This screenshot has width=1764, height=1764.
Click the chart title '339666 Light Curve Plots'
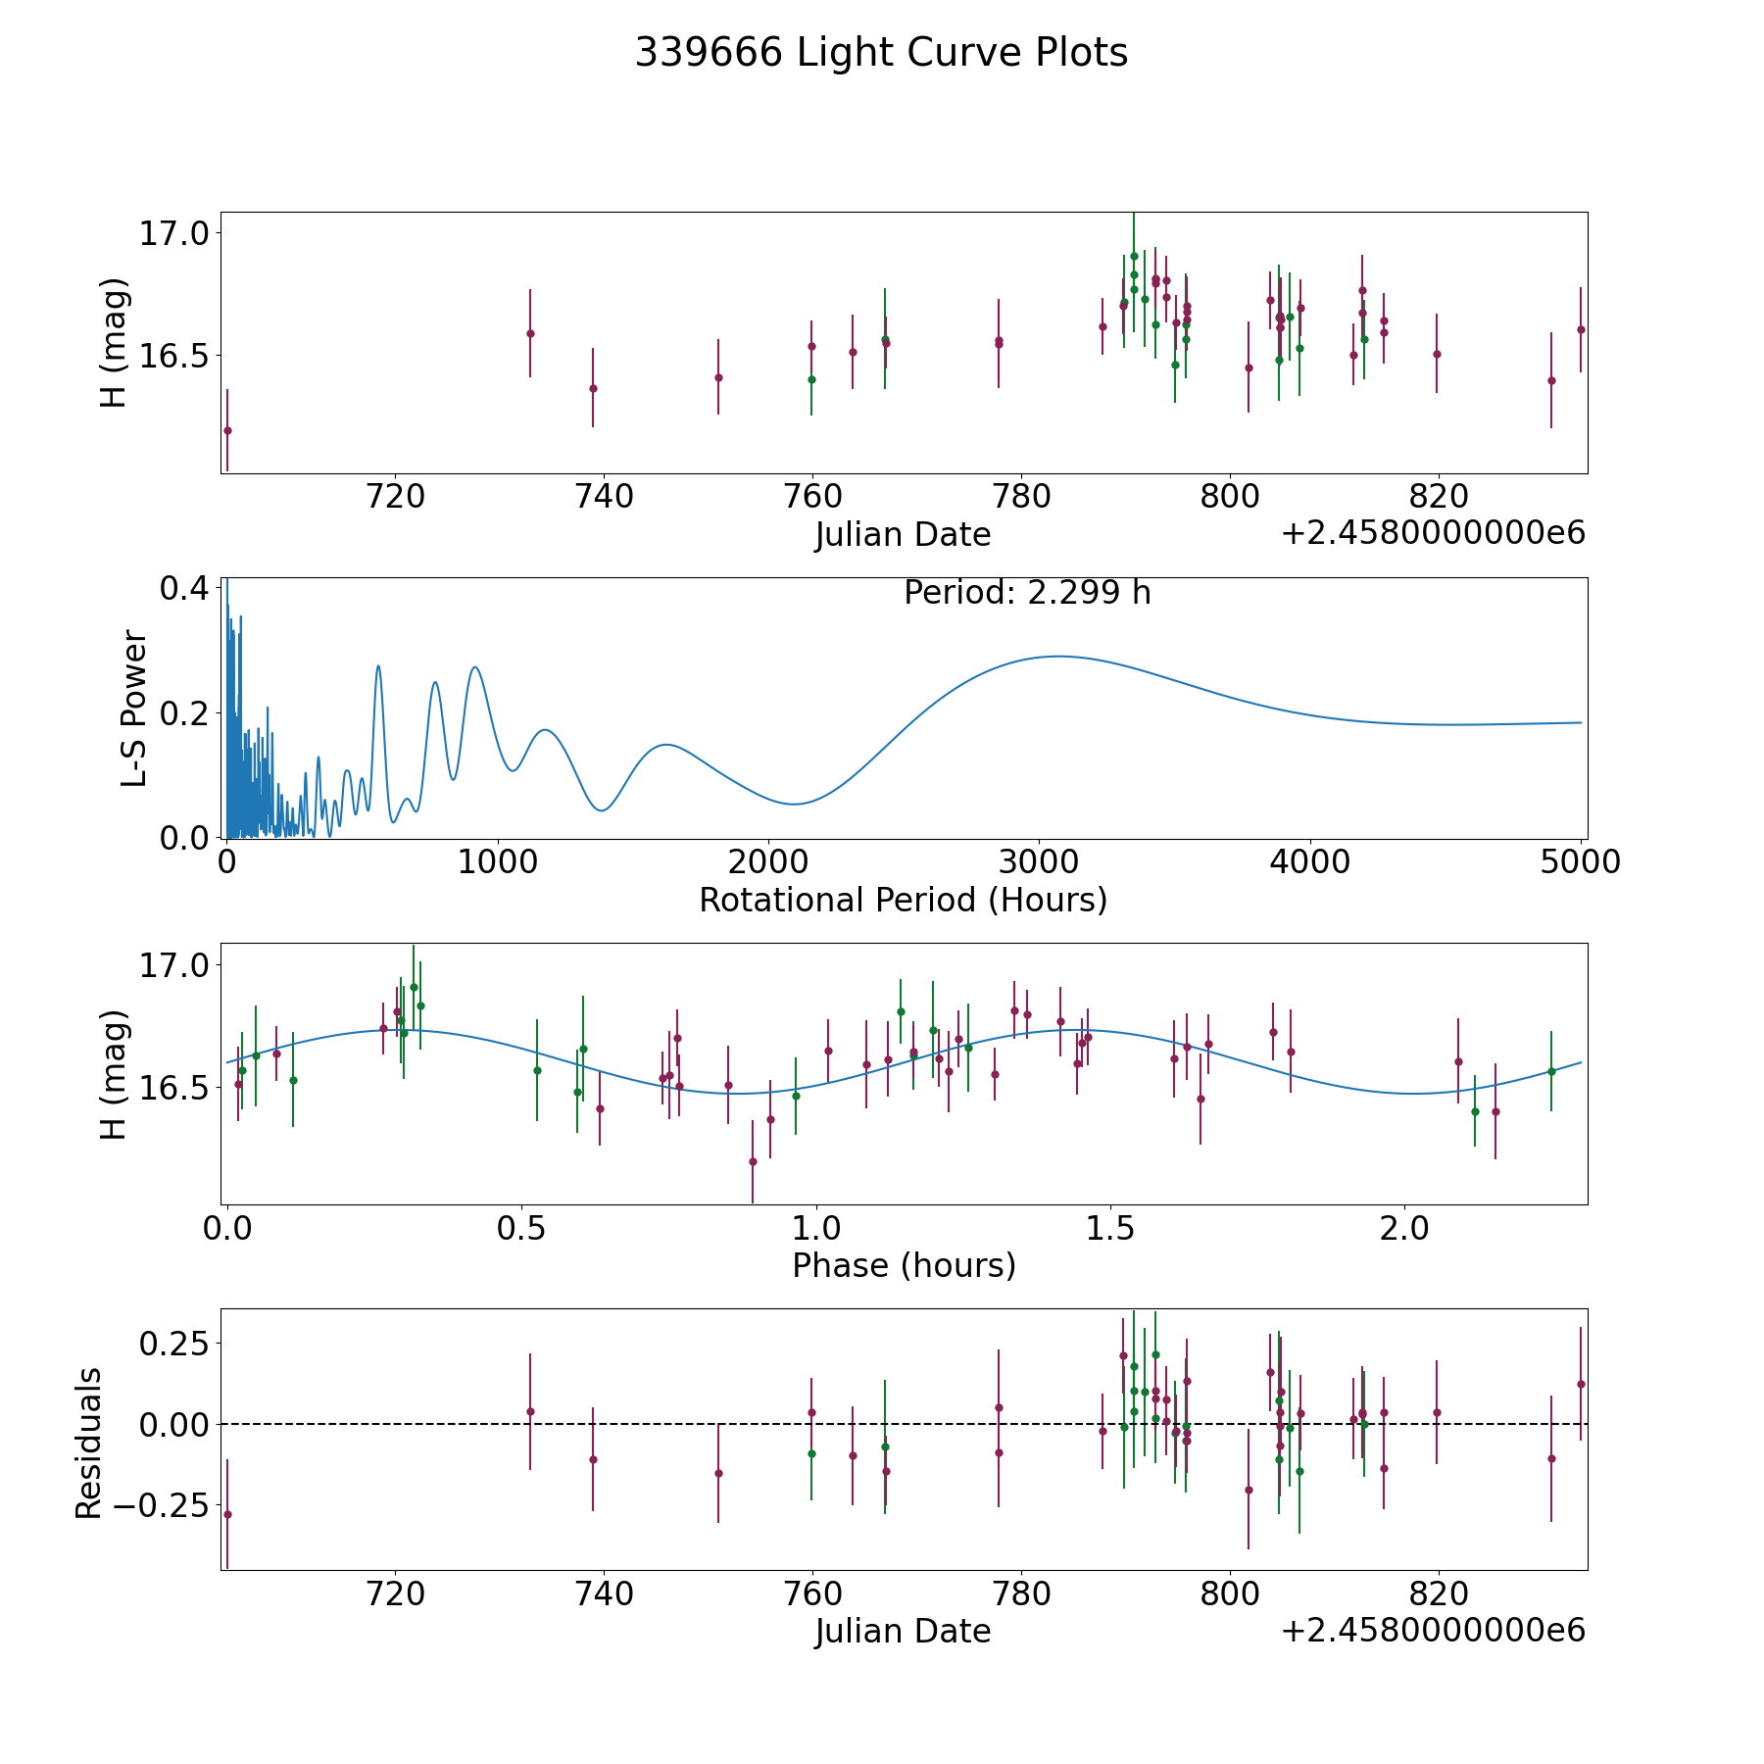[881, 53]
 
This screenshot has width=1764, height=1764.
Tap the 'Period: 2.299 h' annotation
[1027, 593]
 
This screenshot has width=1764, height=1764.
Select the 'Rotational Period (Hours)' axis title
[903, 900]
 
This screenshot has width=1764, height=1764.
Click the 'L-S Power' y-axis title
[134, 709]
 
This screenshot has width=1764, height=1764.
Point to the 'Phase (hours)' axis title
[904, 1265]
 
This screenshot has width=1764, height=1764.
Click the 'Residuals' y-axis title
[88, 1443]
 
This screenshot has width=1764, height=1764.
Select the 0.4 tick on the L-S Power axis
[183, 589]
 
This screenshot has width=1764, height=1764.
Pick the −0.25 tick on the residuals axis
[162, 1504]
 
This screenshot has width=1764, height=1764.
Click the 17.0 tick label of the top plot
[173, 233]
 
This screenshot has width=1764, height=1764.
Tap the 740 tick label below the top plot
[604, 497]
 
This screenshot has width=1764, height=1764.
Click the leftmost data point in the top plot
[227, 430]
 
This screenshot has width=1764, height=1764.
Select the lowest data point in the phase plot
[753, 1161]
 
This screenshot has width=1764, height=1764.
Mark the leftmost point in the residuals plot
[227, 1514]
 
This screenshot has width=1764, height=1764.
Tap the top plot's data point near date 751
[718, 377]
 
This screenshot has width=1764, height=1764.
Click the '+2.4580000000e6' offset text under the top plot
[1433, 533]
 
